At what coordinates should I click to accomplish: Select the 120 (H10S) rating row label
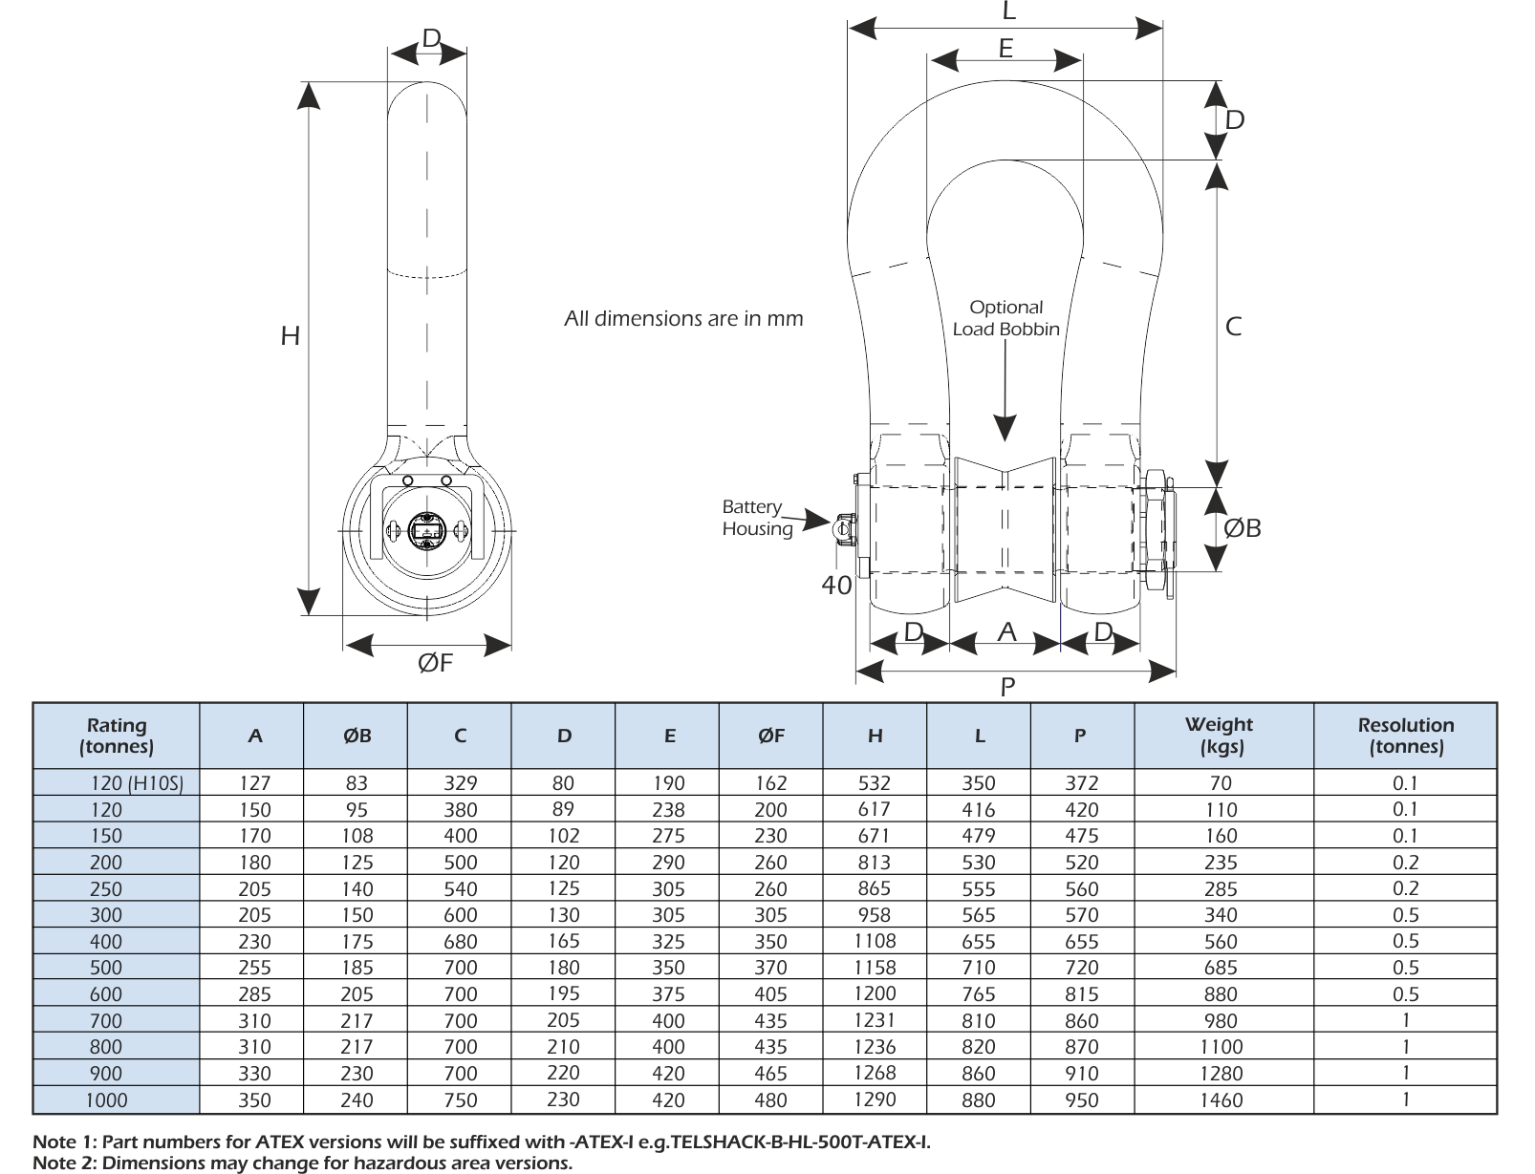pyautogui.click(x=137, y=783)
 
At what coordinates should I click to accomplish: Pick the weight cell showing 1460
pyautogui.click(x=1221, y=1100)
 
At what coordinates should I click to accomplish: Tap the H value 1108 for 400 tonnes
pyautogui.click(x=875, y=941)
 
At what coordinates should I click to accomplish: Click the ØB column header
pyautogui.click(x=357, y=736)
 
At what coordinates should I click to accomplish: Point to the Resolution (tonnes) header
pyautogui.click(x=1405, y=736)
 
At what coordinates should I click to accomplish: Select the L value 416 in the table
pyautogui.click(x=978, y=810)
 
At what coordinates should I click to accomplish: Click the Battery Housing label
pyautogui.click(x=756, y=518)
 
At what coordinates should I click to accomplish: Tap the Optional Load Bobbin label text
pyautogui.click(x=1005, y=318)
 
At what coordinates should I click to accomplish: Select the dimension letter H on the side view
pyautogui.click(x=290, y=336)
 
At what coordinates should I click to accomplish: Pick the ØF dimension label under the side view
pyautogui.click(x=435, y=663)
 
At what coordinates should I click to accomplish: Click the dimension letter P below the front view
pyautogui.click(x=1007, y=687)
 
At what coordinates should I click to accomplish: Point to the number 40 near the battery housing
pyautogui.click(x=836, y=586)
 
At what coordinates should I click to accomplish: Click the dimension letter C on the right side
pyautogui.click(x=1233, y=327)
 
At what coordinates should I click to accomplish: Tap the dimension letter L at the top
pyautogui.click(x=1008, y=12)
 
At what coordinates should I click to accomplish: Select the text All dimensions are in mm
pyautogui.click(x=683, y=318)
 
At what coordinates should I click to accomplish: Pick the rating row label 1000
pyautogui.click(x=106, y=1100)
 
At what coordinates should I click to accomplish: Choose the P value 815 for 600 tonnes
pyautogui.click(x=1081, y=994)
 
